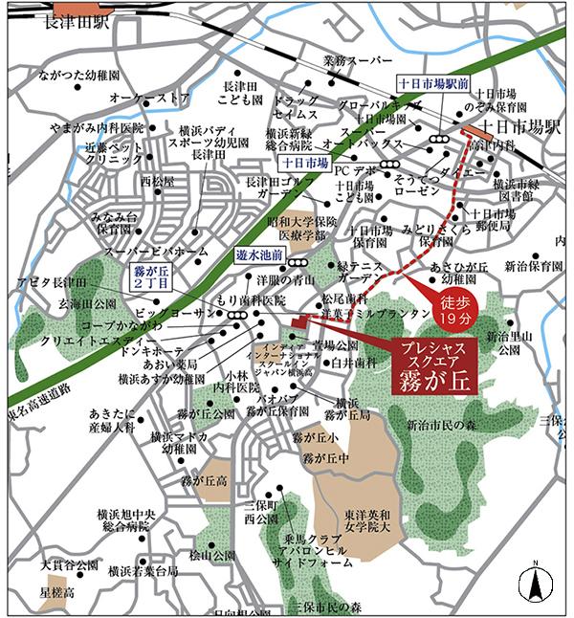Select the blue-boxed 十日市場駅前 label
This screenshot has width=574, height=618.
click(432, 84)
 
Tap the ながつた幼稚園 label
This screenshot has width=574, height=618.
click(78, 73)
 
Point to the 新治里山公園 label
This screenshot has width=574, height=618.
click(508, 343)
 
